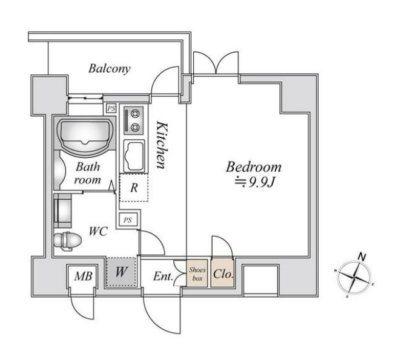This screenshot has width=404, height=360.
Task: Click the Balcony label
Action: (x=110, y=68)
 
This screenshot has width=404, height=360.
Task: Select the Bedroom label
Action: (x=254, y=167)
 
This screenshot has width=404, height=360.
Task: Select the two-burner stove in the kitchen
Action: (x=133, y=120)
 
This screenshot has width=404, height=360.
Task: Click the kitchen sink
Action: (x=134, y=156)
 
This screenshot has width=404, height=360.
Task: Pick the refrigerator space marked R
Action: (x=134, y=188)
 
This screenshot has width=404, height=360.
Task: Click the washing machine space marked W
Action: (x=121, y=272)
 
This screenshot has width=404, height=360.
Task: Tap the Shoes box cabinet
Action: (x=197, y=273)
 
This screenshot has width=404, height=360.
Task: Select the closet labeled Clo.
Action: (x=223, y=273)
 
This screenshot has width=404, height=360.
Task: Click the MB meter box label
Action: (x=83, y=277)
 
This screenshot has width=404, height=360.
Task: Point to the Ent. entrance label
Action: (x=163, y=277)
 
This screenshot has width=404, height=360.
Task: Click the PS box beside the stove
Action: (x=111, y=108)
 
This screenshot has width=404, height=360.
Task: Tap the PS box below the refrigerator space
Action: (x=128, y=220)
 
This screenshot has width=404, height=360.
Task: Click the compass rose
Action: (x=354, y=277)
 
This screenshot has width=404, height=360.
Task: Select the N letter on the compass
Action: (x=362, y=257)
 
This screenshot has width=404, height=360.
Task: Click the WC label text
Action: (x=98, y=232)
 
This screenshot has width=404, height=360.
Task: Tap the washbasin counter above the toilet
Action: (x=62, y=211)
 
